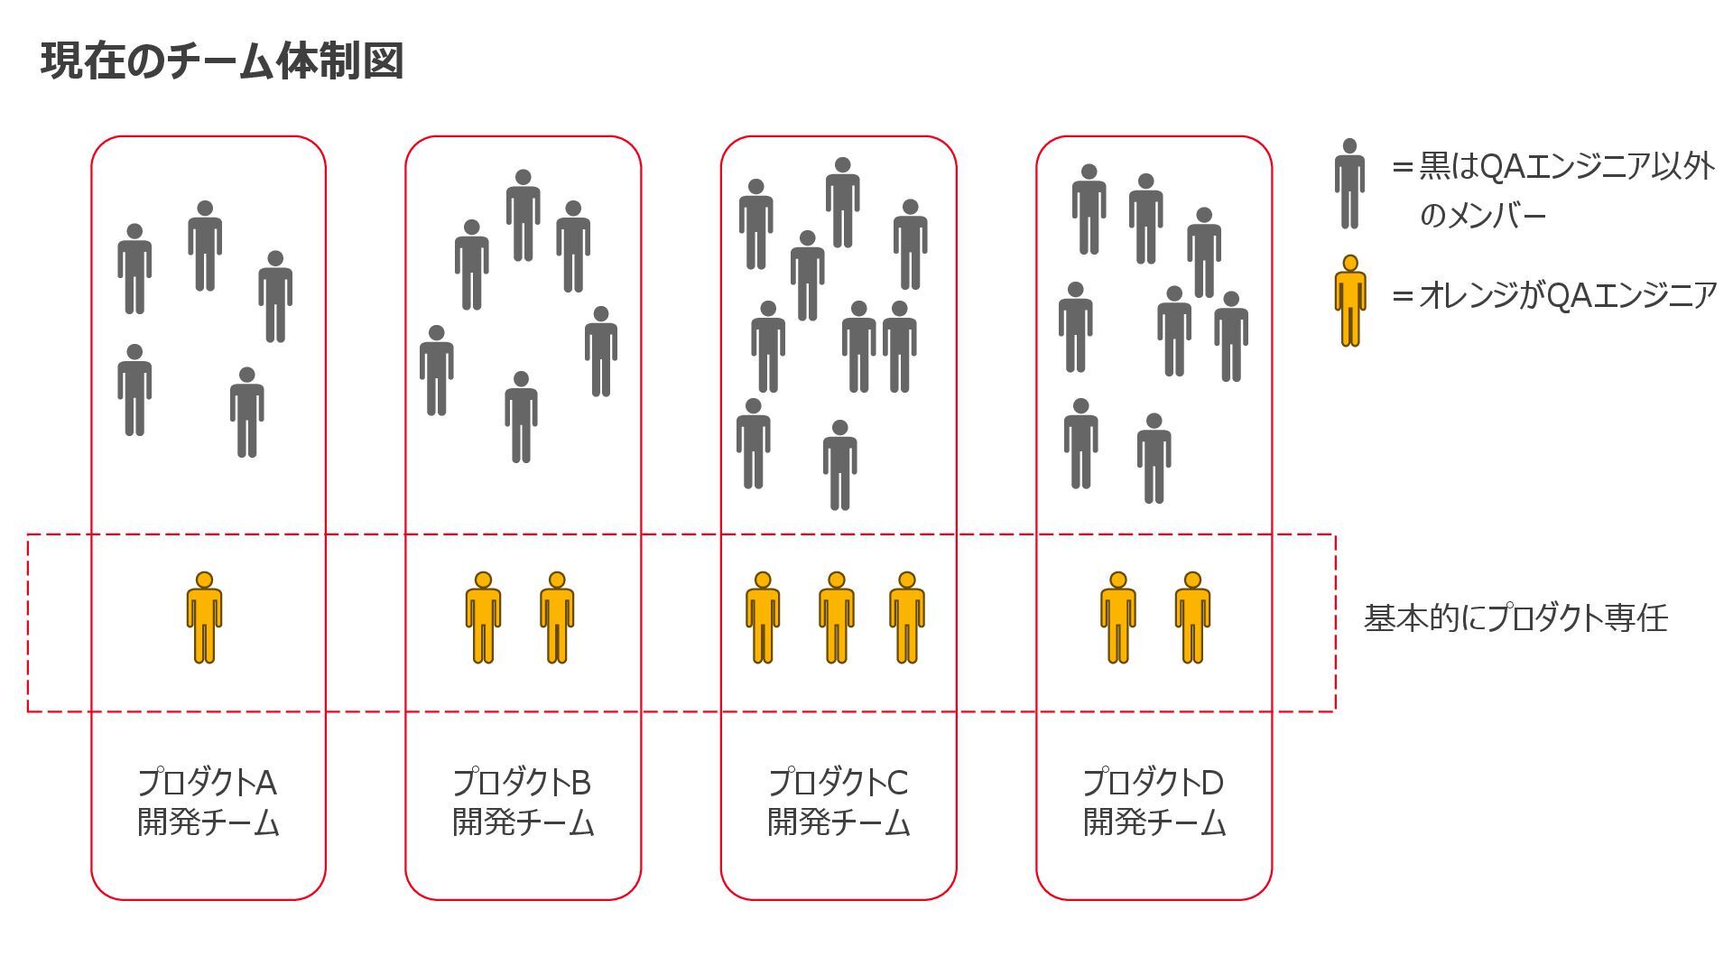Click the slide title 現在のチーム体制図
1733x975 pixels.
(x=222, y=61)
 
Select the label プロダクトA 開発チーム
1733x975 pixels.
(x=208, y=803)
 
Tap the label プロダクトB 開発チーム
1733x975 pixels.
(x=523, y=803)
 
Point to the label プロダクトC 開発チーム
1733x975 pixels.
(x=839, y=803)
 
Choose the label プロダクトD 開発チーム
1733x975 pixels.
(x=1154, y=803)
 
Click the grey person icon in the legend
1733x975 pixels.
(x=1349, y=183)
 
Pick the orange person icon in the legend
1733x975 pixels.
(x=1349, y=301)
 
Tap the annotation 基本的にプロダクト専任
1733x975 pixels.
(x=1515, y=618)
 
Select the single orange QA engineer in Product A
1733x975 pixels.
(x=204, y=617)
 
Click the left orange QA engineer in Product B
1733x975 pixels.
(x=483, y=617)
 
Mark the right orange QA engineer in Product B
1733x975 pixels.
(x=557, y=617)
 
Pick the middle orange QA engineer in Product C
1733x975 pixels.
(x=836, y=617)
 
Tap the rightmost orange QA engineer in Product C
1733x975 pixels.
(x=907, y=617)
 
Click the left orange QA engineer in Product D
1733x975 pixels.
(x=1117, y=617)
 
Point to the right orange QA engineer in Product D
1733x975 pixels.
(x=1192, y=617)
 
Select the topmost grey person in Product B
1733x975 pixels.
(x=523, y=215)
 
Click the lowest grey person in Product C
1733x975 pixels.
(x=839, y=465)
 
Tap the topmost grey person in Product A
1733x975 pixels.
(x=205, y=246)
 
